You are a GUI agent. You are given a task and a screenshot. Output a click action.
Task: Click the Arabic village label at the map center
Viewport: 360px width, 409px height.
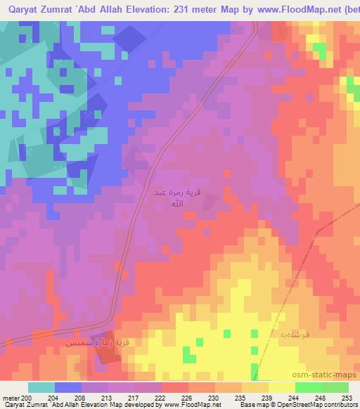[x=171, y=197]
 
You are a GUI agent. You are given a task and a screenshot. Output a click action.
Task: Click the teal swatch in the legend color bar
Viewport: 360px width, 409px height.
[x=41, y=387]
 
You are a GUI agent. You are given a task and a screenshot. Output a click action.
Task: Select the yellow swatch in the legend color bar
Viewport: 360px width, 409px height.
[x=281, y=387]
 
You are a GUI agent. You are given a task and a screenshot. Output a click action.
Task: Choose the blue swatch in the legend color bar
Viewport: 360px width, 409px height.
[x=68, y=387]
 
